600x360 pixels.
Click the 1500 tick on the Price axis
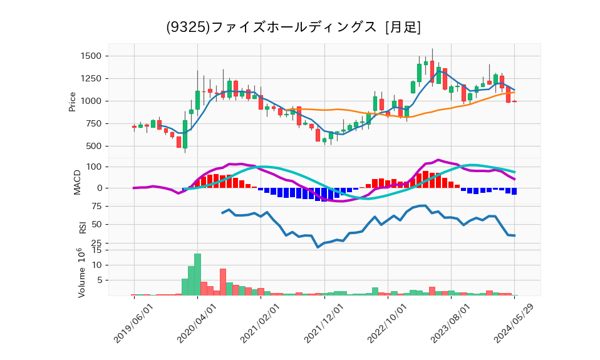[92, 56]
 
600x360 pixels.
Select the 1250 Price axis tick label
[92, 79]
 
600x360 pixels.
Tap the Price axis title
[73, 101]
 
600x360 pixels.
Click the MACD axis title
[78, 182]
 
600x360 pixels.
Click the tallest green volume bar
[197, 274]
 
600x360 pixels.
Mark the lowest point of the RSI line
[318, 247]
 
